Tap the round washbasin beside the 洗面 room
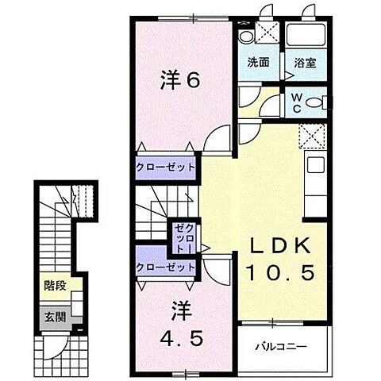[x=245, y=37]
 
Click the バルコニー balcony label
[x=281, y=347]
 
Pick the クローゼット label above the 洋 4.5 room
[x=165, y=267]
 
